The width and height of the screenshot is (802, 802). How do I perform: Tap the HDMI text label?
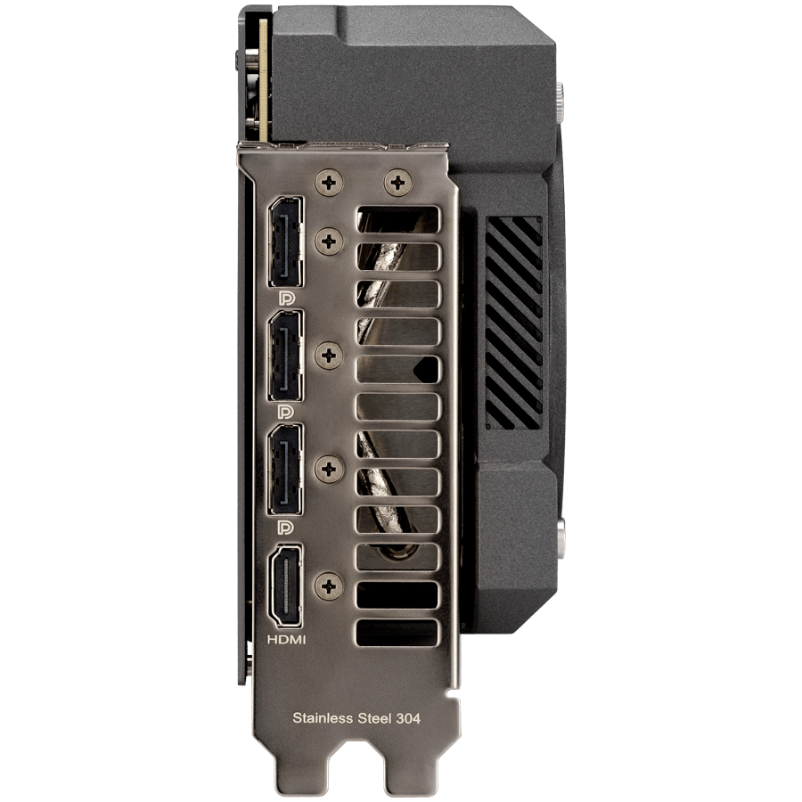click(x=286, y=639)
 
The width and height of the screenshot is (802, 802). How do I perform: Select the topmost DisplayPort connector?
click(x=285, y=241)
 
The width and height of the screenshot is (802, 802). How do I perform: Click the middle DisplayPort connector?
click(x=285, y=356)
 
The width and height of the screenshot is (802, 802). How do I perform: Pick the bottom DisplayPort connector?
click(x=285, y=469)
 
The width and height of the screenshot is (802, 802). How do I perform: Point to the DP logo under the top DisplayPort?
click(x=286, y=298)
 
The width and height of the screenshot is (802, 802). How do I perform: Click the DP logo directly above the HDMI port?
click(x=286, y=528)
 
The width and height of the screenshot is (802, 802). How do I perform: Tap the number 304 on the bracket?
click(x=408, y=718)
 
